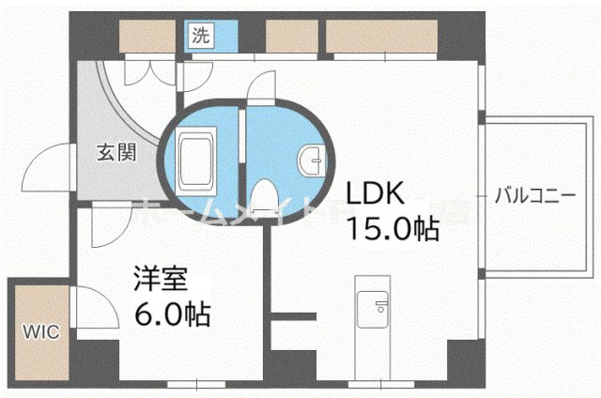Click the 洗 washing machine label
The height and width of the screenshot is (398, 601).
click(x=200, y=37)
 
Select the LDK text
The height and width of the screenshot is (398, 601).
click(x=377, y=194)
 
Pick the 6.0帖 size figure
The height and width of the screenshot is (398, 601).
click(x=170, y=311)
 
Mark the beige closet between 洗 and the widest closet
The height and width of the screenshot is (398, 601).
click(x=290, y=35)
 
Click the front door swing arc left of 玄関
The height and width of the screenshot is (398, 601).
click(x=42, y=166)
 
